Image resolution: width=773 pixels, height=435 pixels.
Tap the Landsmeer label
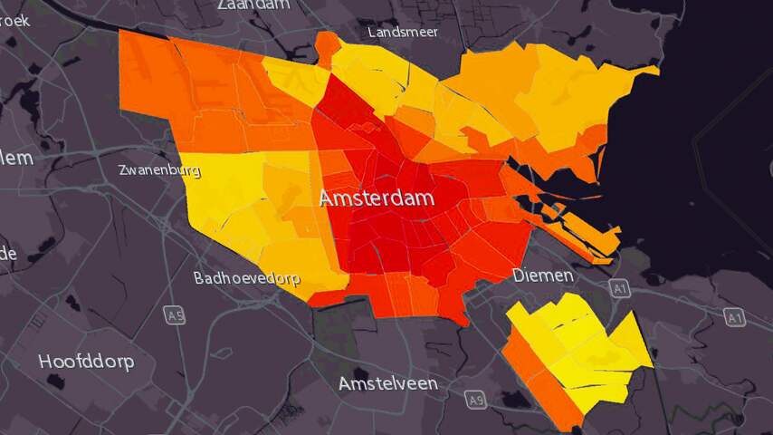click(x=403, y=32)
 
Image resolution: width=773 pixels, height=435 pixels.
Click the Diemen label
click(x=543, y=275)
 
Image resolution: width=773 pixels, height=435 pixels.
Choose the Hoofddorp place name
click(x=86, y=362)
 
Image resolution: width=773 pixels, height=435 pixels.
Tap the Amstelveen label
click(x=388, y=383)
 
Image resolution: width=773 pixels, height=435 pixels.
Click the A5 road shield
click(x=175, y=315)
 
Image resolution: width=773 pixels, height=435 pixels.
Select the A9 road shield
click(x=476, y=399)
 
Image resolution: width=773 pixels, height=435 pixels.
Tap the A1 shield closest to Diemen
click(x=619, y=288)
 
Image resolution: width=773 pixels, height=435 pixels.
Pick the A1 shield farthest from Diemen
click(x=735, y=316)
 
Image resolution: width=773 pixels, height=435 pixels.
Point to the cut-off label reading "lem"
click(x=16, y=159)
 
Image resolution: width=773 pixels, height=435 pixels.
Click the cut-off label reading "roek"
click(x=14, y=19)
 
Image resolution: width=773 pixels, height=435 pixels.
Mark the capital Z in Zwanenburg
click(x=123, y=169)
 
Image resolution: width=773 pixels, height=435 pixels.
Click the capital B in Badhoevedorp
click(x=199, y=278)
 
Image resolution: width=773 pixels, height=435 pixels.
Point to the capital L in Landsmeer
click(x=372, y=32)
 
